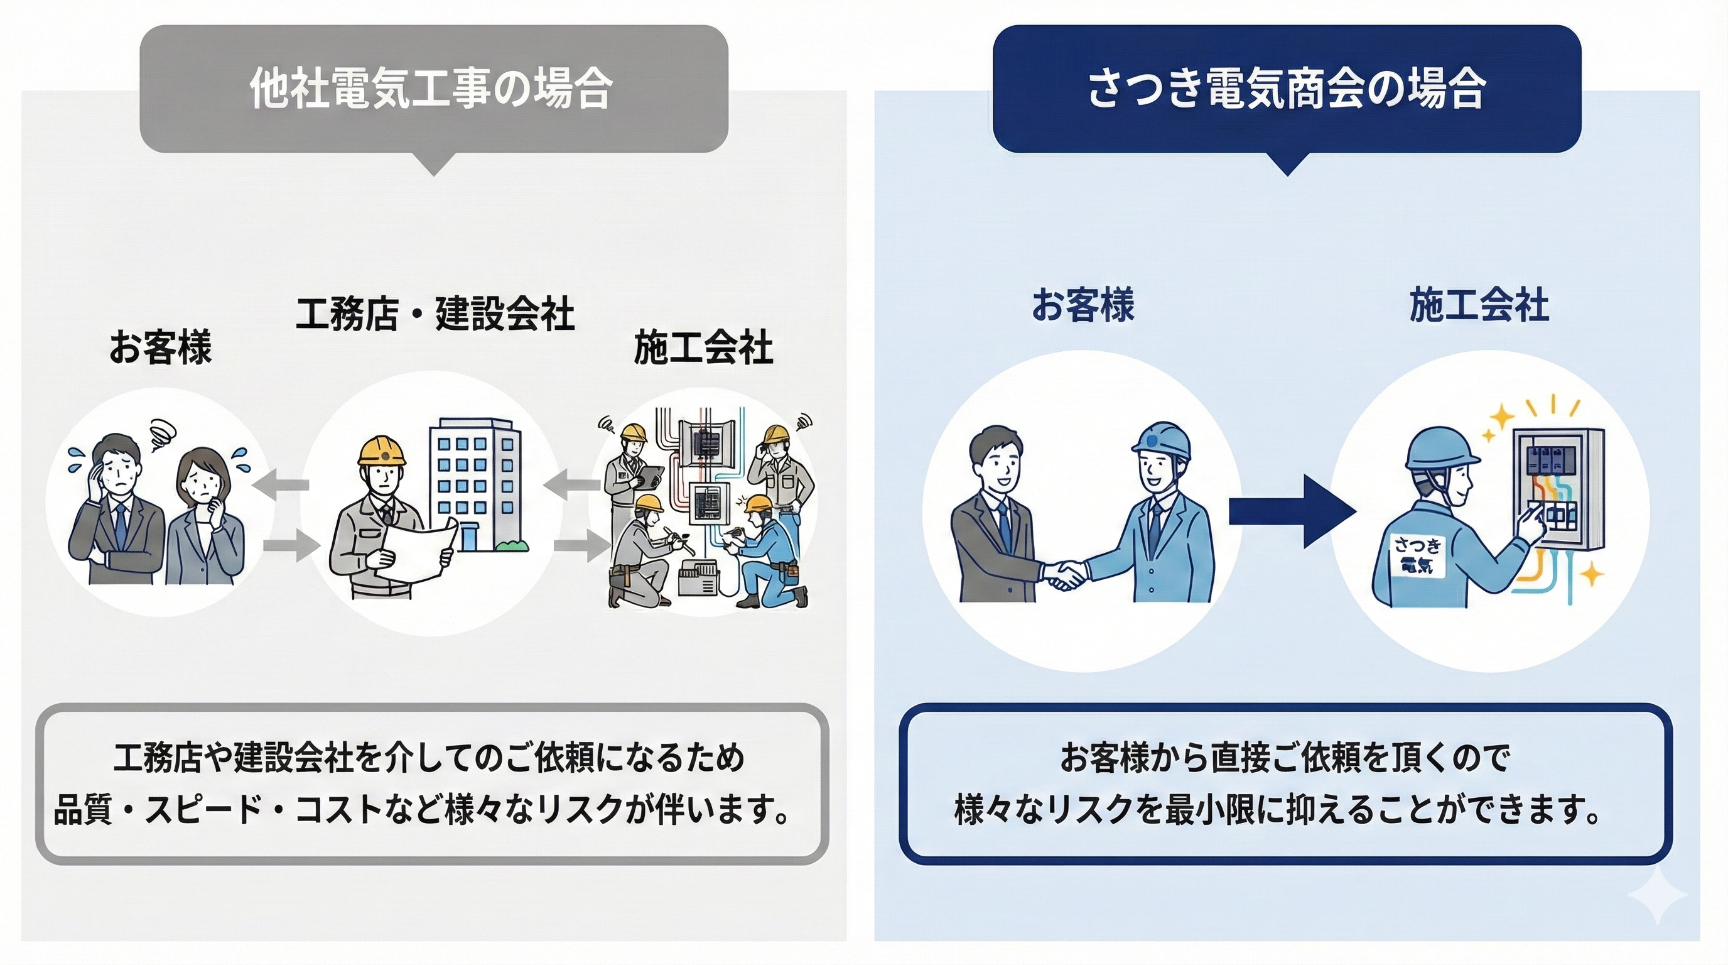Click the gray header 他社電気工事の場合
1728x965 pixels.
pyautogui.click(x=433, y=89)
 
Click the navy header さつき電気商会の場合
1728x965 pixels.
pyautogui.click(x=1286, y=89)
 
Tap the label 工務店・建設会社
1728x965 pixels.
pyautogui.click(x=435, y=313)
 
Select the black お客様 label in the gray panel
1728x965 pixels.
pyautogui.click(x=160, y=347)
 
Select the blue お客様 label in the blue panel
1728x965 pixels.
pyautogui.click(x=1083, y=305)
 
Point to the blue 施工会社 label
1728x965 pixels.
pyautogui.click(x=1479, y=305)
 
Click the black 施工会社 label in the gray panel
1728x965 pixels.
pyautogui.click(x=703, y=347)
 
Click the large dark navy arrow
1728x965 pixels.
pyautogui.click(x=1292, y=511)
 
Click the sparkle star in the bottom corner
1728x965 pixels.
pyautogui.click(x=1658, y=895)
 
